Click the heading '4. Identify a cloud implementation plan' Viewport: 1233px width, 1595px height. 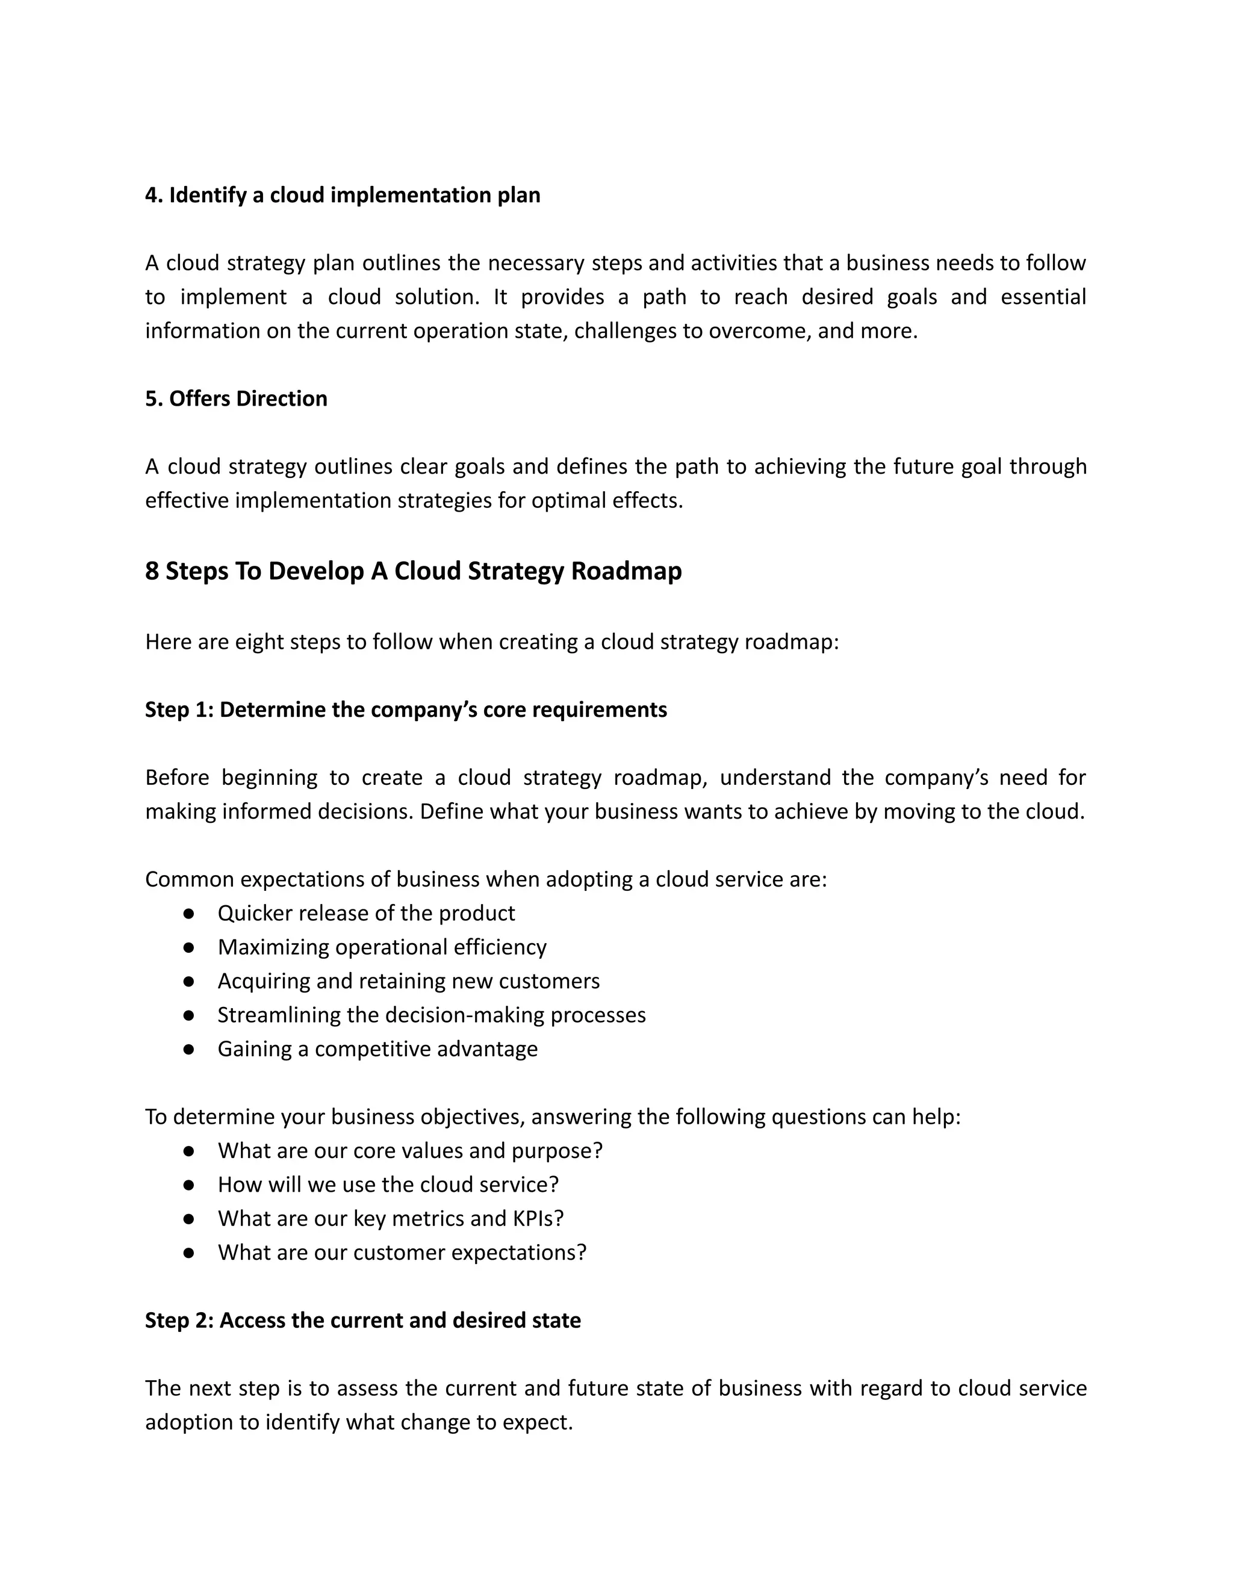343,195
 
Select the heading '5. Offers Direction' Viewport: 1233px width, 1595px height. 236,398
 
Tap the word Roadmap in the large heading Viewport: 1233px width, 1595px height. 626,571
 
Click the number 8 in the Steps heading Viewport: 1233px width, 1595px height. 152,571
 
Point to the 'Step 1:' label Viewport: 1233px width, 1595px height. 179,710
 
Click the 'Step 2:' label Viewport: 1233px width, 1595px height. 179,1321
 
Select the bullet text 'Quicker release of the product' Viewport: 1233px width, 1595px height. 366,913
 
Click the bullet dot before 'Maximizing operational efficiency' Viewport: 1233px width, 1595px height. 188,947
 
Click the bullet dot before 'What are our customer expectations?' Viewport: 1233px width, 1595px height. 188,1253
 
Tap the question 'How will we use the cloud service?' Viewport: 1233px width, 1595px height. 388,1185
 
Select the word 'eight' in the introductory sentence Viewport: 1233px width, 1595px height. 259,642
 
